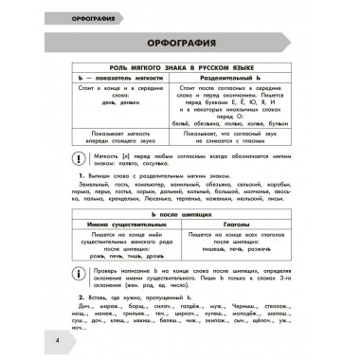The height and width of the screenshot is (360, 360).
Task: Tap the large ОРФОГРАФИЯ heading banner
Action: coord(180,47)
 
